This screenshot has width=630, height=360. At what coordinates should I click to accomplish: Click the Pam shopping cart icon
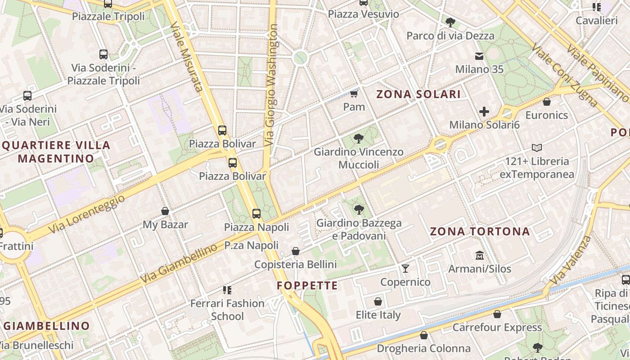coord(354,94)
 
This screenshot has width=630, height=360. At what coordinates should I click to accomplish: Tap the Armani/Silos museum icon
coord(479,256)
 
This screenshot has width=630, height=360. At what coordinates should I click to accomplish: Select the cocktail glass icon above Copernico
coord(405,269)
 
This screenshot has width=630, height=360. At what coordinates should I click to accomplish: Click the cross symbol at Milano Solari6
coord(484,111)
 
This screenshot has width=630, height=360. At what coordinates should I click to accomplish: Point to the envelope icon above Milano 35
coord(479,56)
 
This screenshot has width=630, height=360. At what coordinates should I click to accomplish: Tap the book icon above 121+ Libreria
coord(537,148)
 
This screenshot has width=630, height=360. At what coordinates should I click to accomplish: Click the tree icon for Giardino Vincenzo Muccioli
coord(359,138)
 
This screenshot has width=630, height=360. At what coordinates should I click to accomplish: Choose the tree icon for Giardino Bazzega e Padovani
coord(359,209)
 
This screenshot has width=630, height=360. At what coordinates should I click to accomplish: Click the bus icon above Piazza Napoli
coord(256,214)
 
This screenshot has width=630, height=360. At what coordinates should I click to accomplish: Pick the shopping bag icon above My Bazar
coord(165,211)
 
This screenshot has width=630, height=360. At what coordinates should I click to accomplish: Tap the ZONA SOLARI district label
coord(418,94)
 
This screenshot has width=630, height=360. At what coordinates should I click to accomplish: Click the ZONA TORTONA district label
coord(480,232)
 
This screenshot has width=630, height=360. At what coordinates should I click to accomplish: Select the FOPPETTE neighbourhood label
coord(307,286)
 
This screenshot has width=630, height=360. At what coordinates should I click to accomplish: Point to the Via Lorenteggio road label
coord(86,214)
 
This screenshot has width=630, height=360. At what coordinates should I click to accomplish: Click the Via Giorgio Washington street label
coord(271,85)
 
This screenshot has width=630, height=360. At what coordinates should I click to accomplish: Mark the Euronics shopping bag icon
coord(547,102)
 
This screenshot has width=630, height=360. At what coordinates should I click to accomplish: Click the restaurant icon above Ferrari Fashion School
coord(227,290)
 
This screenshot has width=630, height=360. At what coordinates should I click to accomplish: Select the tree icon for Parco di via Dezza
coord(450,22)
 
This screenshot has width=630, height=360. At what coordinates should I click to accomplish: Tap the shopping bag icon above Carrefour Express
coord(497,314)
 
